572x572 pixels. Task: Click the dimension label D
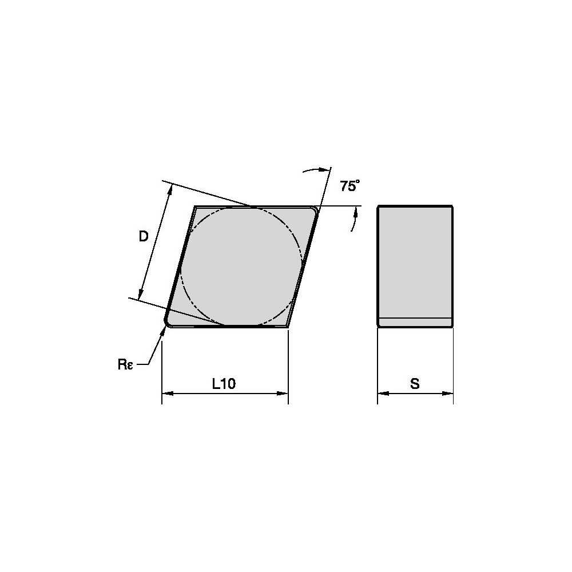point(144,237)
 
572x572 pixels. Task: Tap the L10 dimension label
point(224,383)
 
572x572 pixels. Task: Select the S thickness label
point(415,384)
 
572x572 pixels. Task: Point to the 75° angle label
point(350,186)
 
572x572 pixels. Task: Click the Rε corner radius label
point(125,364)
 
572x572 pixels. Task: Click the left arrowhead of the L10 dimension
point(167,394)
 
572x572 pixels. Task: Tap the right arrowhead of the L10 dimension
point(283,394)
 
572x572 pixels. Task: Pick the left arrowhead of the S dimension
point(383,394)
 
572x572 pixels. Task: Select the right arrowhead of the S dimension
point(448,394)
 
